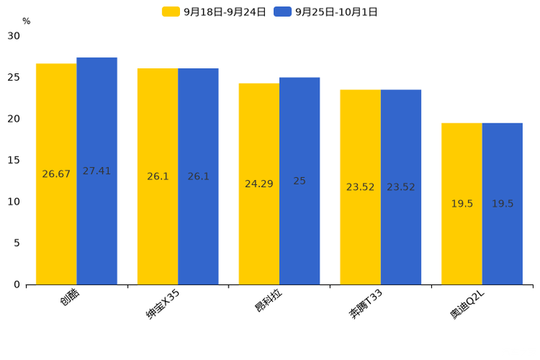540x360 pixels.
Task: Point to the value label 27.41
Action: [97, 171]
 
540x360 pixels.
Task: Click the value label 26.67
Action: [57, 174]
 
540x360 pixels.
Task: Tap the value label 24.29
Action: [259, 184]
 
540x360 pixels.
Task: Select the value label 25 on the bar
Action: [299, 181]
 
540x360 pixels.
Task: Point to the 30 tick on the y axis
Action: [14, 36]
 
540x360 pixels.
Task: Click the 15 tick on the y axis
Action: [14, 160]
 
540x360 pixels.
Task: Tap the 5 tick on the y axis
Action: [17, 243]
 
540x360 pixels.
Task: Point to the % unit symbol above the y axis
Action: [26, 21]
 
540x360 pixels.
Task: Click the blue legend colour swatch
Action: [282, 12]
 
